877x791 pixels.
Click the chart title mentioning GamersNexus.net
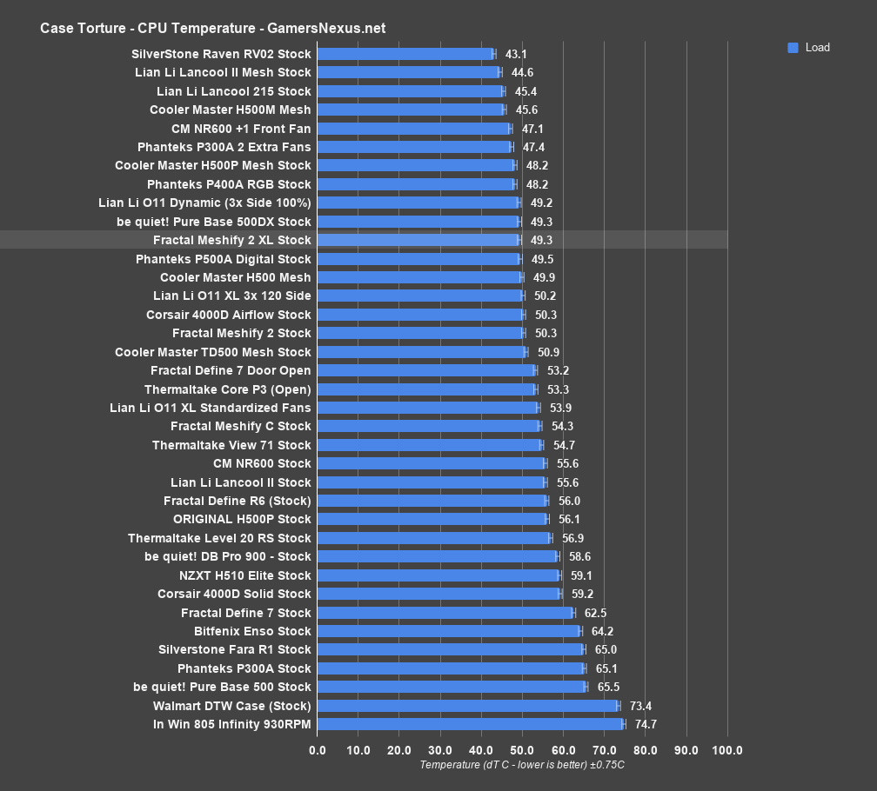coord(212,28)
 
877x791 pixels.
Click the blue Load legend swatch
coord(793,48)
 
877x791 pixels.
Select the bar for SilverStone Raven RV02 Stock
coord(405,54)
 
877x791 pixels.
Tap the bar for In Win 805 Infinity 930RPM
coord(470,724)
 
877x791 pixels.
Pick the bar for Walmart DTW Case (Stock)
coord(467,706)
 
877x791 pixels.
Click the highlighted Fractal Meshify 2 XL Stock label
coord(231,240)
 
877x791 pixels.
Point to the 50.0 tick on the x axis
coord(522,750)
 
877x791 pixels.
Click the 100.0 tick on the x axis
coord(727,750)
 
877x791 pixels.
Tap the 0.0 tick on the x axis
coord(318,750)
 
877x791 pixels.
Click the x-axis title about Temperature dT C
coord(522,765)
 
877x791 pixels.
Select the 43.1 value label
coord(516,54)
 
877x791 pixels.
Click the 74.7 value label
coord(646,724)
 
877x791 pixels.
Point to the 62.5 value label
coord(595,613)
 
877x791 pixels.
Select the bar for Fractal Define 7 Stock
coord(445,613)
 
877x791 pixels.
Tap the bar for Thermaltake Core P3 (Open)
coord(426,389)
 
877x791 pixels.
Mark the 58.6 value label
coord(579,556)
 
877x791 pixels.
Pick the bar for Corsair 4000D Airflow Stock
coord(420,315)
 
